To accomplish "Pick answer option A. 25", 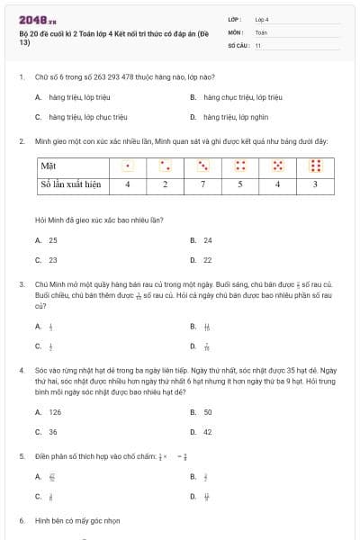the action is [x=47, y=240].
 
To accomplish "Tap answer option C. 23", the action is [x=47, y=260].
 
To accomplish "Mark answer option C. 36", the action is [x=47, y=432].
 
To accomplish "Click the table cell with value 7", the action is [x=203, y=184].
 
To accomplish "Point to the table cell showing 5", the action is [x=240, y=184].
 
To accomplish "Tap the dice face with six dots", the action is [x=315, y=166].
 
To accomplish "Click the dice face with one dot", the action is [x=128, y=166].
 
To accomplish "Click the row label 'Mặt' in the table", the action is [x=49, y=166].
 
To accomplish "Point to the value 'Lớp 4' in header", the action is [x=262, y=18].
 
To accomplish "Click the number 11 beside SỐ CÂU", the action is [x=258, y=44].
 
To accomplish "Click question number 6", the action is [x=21, y=520].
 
